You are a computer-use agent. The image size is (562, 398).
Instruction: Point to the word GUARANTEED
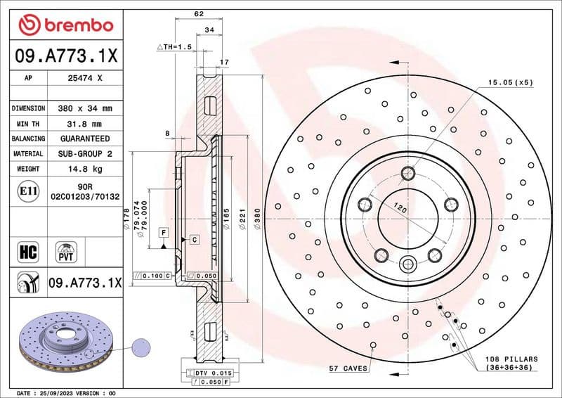click(x=84, y=139)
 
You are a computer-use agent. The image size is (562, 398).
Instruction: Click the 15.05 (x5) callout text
click(x=511, y=82)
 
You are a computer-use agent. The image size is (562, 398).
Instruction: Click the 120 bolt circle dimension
click(x=399, y=209)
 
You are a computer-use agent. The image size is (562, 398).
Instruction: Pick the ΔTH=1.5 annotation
click(x=174, y=46)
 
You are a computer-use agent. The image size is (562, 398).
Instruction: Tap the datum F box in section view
click(x=163, y=232)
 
